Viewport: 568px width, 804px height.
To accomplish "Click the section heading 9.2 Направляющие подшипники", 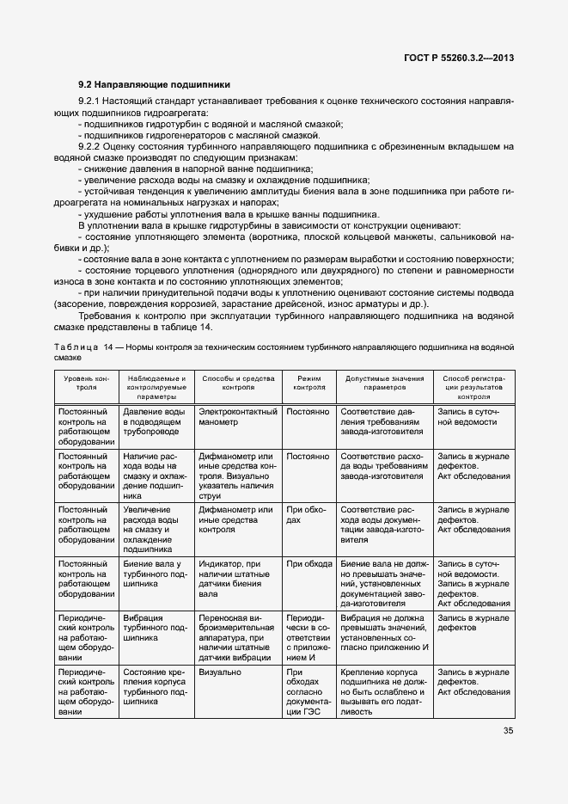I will pos(154,85).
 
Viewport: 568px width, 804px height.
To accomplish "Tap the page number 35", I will pos(507,732).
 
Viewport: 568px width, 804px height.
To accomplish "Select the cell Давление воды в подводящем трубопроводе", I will pos(154,422).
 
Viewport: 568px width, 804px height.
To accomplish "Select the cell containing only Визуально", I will pos(220,672).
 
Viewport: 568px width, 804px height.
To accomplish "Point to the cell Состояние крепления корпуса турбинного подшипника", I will pos(154,686).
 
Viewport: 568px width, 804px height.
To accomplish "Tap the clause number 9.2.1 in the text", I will pos(90,102).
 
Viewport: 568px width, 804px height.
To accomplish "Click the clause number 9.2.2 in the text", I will pos(90,147).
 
